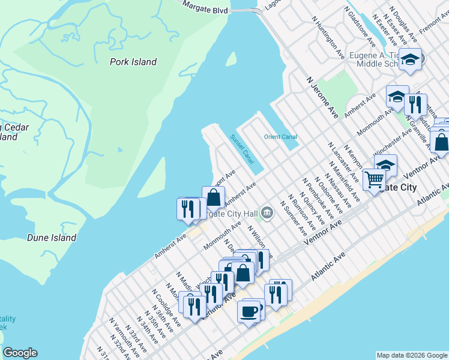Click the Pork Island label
[133, 62]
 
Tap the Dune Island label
[52, 238]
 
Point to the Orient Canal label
[280, 137]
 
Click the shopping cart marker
[374, 178]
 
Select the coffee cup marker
[249, 311]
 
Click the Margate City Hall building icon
[267, 212]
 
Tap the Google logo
[20, 353]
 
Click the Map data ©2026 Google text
[411, 355]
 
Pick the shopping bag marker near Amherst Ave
[213, 197]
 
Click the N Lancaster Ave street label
[343, 163]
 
